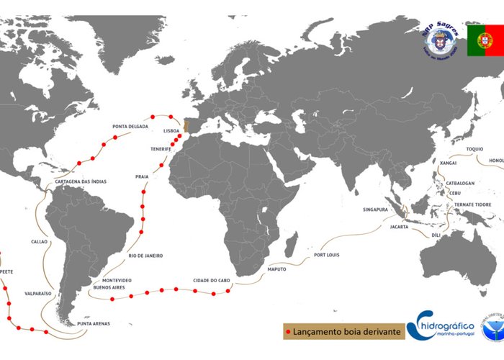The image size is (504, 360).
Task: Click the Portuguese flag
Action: coord(484,40)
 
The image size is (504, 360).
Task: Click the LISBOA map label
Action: coord(171,131)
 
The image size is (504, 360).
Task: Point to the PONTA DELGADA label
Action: coord(130,127)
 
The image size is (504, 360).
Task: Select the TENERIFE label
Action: coord(160,148)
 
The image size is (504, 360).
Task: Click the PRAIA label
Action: coord(141,176)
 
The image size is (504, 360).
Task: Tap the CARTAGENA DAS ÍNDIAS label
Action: coord(81,181)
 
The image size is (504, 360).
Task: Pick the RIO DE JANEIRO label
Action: coord(145,256)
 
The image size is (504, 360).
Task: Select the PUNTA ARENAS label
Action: coord(94,324)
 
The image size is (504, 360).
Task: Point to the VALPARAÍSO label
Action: coord(38,294)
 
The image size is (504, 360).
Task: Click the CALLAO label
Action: coord(39,241)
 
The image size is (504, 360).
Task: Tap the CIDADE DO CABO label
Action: coord(212,280)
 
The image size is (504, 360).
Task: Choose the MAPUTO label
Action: coord(276,269)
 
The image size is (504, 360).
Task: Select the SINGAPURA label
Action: coord(376,210)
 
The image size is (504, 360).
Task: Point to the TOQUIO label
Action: coord(474,149)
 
